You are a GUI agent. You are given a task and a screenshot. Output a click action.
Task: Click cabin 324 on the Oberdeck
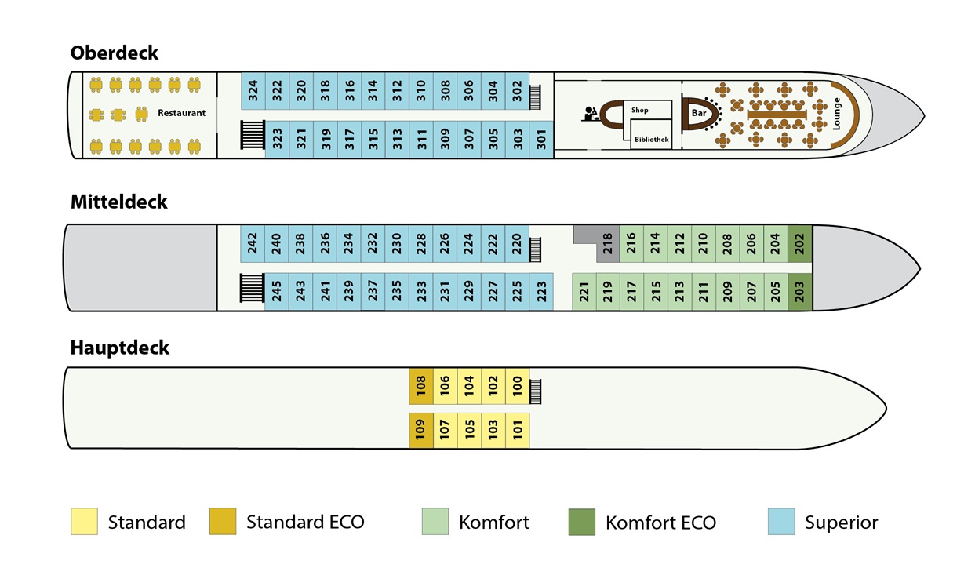(253, 90)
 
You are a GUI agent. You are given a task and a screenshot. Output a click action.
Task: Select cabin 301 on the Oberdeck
(541, 140)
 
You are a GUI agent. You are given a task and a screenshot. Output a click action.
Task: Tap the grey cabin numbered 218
(608, 244)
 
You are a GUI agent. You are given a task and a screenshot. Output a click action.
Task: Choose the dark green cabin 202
(799, 244)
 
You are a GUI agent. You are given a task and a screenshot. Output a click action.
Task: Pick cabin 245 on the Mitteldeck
(276, 291)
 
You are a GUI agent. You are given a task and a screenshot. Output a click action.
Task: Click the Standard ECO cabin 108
(421, 386)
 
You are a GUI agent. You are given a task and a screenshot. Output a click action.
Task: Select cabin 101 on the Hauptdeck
(518, 430)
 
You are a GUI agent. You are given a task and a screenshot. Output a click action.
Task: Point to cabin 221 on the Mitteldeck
(584, 291)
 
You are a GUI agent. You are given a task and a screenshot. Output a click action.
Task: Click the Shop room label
(640, 110)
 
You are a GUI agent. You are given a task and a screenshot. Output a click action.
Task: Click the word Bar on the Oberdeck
(699, 113)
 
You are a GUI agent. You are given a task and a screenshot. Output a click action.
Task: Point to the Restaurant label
(181, 113)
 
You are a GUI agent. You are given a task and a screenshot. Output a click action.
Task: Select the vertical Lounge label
(836, 114)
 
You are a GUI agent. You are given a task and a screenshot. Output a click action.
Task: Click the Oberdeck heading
(115, 53)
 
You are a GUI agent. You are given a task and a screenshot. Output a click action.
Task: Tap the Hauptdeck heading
(120, 348)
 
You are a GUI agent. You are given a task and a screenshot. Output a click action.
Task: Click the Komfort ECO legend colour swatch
(582, 522)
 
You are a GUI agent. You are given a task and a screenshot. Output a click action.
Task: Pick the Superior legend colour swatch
(781, 522)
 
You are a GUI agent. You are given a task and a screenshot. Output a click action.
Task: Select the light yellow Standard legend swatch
(85, 522)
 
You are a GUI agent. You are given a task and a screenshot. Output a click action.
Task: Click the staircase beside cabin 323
(253, 135)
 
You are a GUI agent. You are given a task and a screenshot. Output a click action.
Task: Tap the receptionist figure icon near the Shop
(590, 114)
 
